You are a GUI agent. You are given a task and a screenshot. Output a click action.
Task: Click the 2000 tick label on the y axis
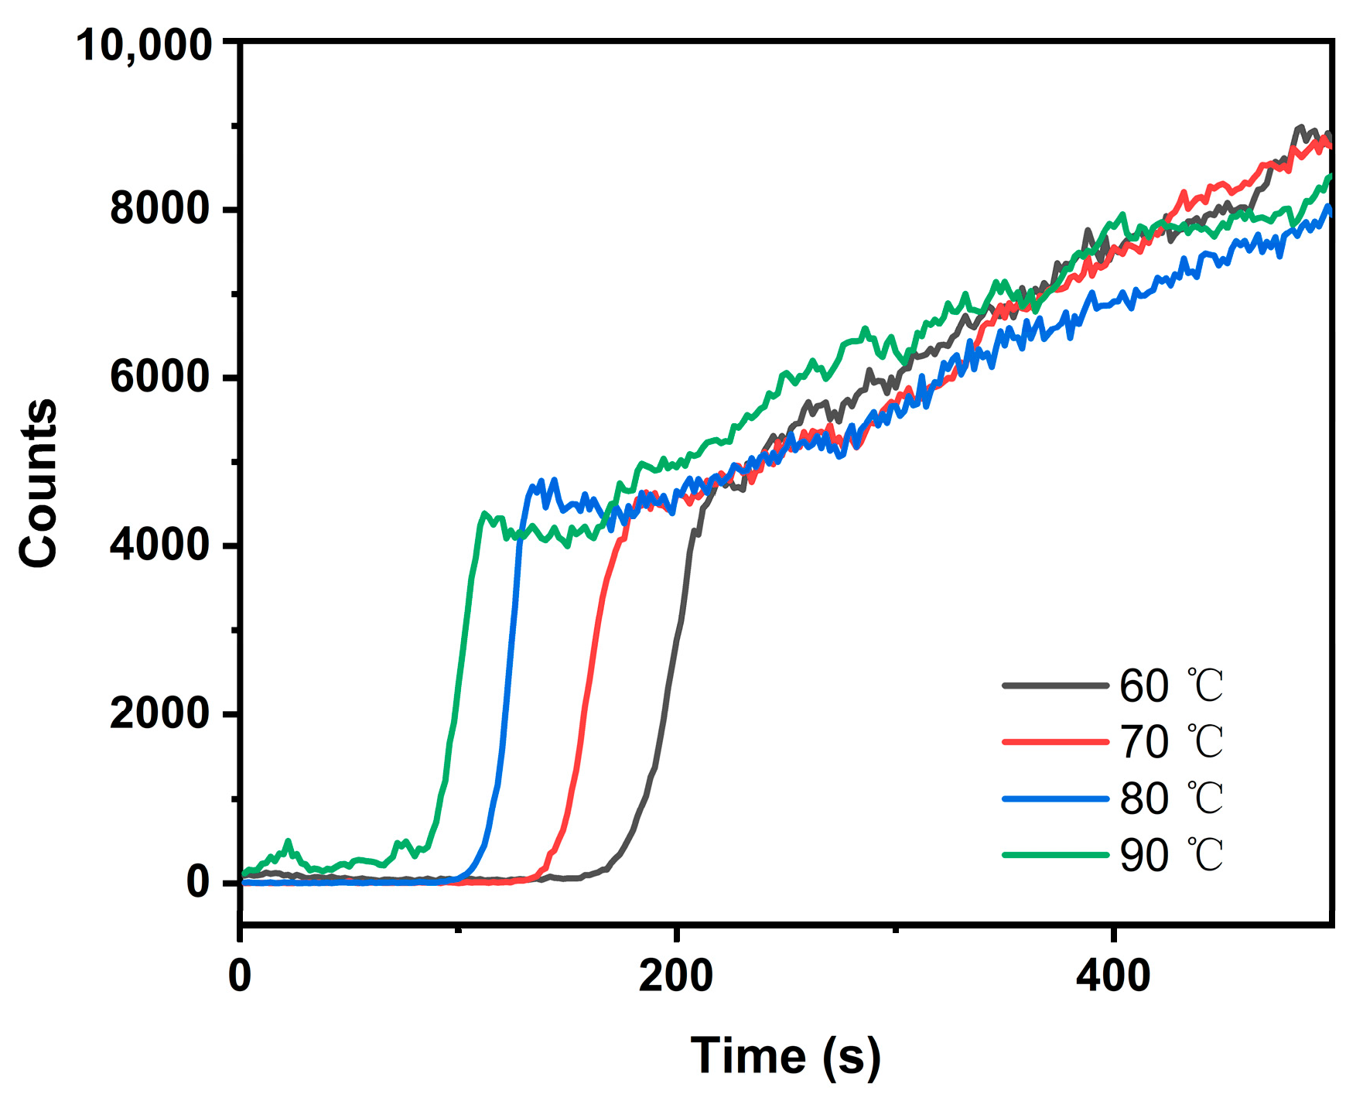(159, 713)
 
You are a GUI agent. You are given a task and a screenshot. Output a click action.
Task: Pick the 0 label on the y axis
(198, 881)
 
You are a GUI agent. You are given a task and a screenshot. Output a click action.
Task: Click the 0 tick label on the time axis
(241, 976)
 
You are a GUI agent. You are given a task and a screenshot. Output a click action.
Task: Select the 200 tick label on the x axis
(675, 976)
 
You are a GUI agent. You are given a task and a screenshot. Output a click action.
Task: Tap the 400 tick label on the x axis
(1112, 976)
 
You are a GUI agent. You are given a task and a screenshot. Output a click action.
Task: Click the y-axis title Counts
(39, 484)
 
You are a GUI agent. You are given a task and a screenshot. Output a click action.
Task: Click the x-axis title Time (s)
(785, 1056)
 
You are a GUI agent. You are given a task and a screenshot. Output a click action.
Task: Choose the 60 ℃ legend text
(1171, 686)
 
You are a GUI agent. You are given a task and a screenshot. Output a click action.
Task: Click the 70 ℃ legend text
(1171, 742)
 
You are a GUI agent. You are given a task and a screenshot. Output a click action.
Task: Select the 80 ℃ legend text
(1171, 798)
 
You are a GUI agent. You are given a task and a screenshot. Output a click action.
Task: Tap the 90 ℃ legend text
(1171, 855)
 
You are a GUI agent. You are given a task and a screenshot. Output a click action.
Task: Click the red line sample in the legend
(1055, 742)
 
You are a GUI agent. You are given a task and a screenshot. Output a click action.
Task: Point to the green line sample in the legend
(1055, 855)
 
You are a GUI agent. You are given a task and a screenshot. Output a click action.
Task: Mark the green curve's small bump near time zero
(289, 841)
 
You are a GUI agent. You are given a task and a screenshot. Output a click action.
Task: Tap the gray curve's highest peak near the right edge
(1300, 127)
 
